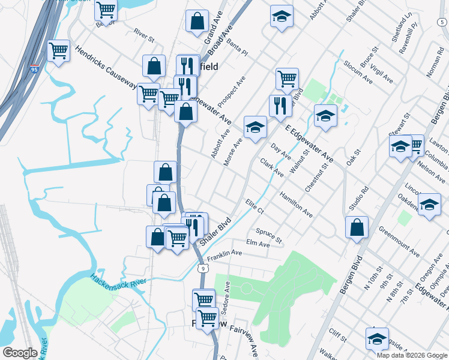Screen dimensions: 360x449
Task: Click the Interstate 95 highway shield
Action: coord(35,69)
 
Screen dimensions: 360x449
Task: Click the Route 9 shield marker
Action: coord(205,269)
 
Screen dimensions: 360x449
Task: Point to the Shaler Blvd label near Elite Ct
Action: coord(215,231)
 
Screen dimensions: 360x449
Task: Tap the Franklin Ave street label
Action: coord(224,256)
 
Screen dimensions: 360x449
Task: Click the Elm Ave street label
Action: coord(258,243)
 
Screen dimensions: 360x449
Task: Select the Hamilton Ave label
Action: coord(297,204)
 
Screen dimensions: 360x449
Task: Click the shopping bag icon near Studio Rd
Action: coord(357,227)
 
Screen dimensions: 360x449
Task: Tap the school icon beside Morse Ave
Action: coord(255,127)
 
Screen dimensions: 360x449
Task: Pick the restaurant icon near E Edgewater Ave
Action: coord(280,106)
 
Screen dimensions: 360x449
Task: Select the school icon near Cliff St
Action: coord(377,338)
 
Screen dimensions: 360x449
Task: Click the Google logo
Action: coord(20,353)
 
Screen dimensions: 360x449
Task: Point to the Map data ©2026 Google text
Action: coord(411,355)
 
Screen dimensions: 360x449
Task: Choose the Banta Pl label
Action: coord(237,48)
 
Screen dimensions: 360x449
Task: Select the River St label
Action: coord(144,36)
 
